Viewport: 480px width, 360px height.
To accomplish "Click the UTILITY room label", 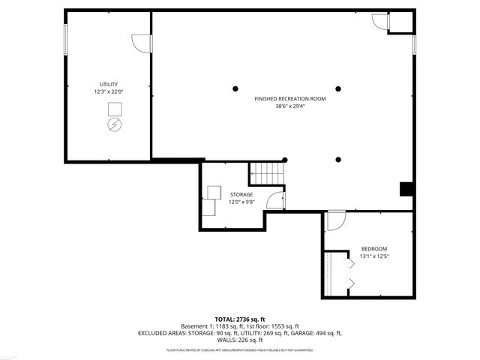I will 109,84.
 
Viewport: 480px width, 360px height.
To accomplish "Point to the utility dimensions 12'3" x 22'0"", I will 109,91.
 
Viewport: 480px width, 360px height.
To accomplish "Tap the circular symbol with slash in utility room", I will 115,124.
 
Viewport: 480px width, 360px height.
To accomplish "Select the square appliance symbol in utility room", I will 115,108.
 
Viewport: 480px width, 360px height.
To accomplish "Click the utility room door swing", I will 141,43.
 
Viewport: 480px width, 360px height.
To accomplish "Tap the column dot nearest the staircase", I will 284,160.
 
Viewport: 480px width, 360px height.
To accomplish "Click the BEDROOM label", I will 374,249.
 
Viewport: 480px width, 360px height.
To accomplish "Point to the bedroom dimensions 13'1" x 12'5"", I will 374,256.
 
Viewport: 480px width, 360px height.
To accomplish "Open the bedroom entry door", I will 335,220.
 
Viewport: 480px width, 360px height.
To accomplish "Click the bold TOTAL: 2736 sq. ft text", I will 240,319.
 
